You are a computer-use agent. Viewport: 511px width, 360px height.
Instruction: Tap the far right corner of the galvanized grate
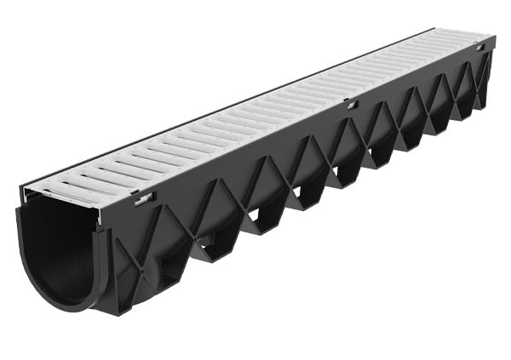[492, 37]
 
